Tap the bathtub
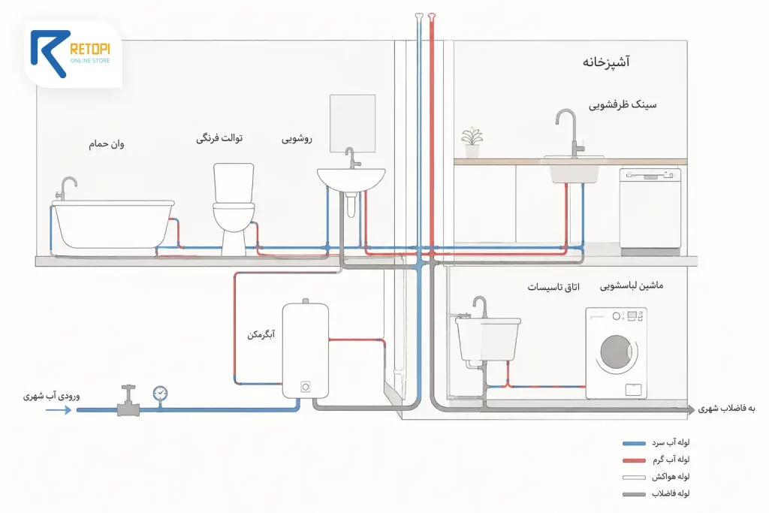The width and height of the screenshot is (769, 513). (x=113, y=225)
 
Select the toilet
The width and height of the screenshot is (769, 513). (x=234, y=209)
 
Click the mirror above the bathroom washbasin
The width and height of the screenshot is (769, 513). (x=353, y=124)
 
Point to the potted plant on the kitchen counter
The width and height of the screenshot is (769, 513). (x=472, y=143)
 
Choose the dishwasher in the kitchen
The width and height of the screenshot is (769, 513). (x=650, y=212)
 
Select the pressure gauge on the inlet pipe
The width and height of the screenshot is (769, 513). (x=160, y=394)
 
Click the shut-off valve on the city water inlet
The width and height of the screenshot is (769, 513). (x=128, y=400)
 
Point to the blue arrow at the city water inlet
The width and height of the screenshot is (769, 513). (x=59, y=409)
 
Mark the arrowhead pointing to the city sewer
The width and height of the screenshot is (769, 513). (x=691, y=409)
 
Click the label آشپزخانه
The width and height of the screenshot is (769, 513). (x=606, y=62)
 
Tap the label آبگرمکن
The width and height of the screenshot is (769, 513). (x=261, y=334)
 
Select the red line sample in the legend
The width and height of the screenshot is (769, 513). (x=634, y=460)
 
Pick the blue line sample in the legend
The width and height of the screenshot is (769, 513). (x=634, y=443)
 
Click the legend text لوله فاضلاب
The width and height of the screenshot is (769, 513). (x=671, y=493)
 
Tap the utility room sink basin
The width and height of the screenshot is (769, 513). (x=488, y=339)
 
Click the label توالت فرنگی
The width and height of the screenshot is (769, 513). (x=219, y=138)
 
